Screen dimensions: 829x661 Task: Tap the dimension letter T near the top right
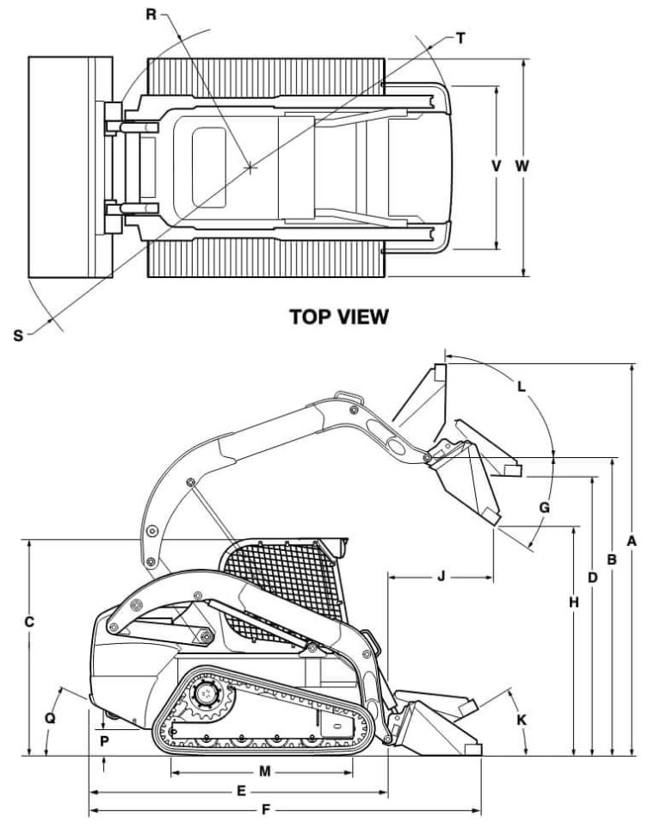(461, 38)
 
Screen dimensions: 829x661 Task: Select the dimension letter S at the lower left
(18, 335)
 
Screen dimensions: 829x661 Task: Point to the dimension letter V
(496, 166)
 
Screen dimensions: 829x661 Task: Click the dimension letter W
(522, 166)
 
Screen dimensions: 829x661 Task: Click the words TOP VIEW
(338, 318)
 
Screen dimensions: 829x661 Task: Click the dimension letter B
(612, 559)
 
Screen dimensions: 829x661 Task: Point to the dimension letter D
(592, 577)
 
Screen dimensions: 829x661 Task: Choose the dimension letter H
(573, 603)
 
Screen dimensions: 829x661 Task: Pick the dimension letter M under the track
(265, 771)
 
